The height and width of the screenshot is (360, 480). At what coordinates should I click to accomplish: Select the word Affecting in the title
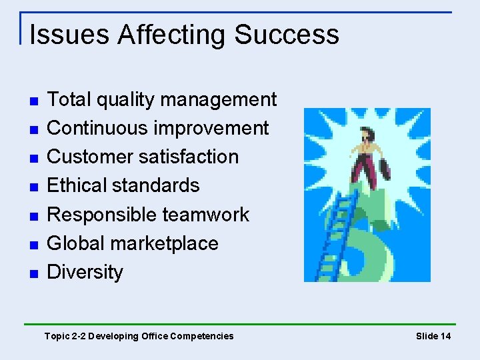tap(172, 35)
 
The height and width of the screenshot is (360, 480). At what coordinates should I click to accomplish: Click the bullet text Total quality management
tap(162, 100)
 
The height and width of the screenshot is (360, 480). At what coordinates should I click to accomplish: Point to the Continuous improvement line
tap(158, 128)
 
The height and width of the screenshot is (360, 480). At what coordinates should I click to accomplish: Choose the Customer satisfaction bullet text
tap(143, 157)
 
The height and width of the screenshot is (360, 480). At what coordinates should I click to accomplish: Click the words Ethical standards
tap(123, 185)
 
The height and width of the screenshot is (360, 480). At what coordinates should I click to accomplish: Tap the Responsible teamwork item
tap(148, 215)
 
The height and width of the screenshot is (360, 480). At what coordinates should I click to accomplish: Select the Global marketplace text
tap(133, 243)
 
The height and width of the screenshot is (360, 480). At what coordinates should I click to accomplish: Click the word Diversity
tap(85, 272)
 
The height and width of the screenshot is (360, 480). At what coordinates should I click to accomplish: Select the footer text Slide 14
tap(433, 336)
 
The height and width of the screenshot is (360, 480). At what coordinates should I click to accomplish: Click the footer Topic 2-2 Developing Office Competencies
tap(139, 336)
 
